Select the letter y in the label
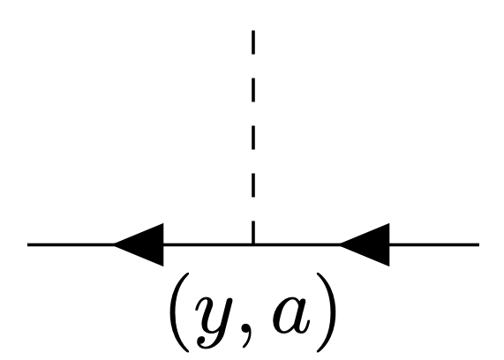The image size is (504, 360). click(x=214, y=322)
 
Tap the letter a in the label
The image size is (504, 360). click(x=291, y=316)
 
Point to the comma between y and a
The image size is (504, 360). click(x=247, y=336)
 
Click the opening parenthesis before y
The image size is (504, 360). click(x=179, y=312)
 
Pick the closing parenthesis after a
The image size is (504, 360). click(x=327, y=312)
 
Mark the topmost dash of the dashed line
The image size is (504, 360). click(x=253, y=42)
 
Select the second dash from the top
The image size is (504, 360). click(x=253, y=90)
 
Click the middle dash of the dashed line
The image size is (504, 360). click(x=253, y=138)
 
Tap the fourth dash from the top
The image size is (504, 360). click(x=253, y=185)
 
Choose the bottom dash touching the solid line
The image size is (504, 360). click(x=253, y=232)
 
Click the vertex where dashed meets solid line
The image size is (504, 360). click(x=253, y=245)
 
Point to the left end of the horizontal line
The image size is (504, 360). click(x=27, y=245)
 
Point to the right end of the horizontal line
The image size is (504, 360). click(x=479, y=245)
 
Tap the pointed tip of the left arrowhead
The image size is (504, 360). click(x=114, y=245)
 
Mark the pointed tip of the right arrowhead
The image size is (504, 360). click(x=340, y=245)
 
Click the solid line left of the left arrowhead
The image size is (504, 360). click(x=71, y=245)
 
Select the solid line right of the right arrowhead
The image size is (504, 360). click(x=434, y=245)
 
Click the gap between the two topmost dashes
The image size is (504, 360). click(x=253, y=66)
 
